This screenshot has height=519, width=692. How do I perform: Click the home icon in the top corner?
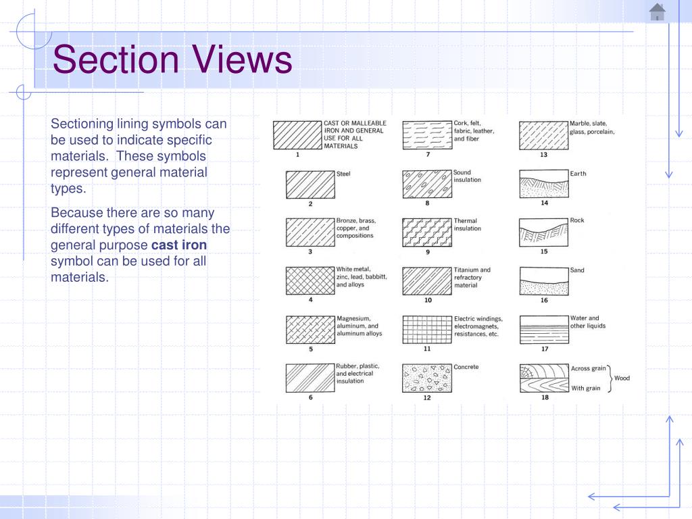tap(657, 12)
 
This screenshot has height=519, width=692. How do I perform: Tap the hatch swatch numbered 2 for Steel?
tap(310, 184)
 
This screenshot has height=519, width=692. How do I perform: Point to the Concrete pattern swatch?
tap(427, 378)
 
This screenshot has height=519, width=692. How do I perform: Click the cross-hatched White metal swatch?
tap(310, 280)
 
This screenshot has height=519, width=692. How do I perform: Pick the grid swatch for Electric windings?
tap(427, 329)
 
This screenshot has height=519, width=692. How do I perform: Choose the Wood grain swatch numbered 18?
tap(544, 378)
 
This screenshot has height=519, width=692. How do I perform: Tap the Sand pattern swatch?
tap(544, 280)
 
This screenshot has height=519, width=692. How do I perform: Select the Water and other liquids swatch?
tap(544, 329)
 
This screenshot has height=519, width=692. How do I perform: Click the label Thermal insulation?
tap(468, 224)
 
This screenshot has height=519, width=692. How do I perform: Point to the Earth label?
tap(578, 174)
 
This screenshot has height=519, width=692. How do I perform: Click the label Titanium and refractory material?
tap(472, 277)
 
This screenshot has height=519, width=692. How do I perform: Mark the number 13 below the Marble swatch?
tap(544, 155)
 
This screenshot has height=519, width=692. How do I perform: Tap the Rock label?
tap(577, 220)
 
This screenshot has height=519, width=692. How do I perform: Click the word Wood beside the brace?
tap(622, 378)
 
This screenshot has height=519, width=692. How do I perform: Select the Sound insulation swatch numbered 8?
tap(427, 184)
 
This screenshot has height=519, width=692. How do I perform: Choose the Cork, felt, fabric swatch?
tap(427, 135)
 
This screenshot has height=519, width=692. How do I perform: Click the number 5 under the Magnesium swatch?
tap(310, 349)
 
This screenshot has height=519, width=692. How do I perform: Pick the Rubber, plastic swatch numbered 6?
tap(310, 378)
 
